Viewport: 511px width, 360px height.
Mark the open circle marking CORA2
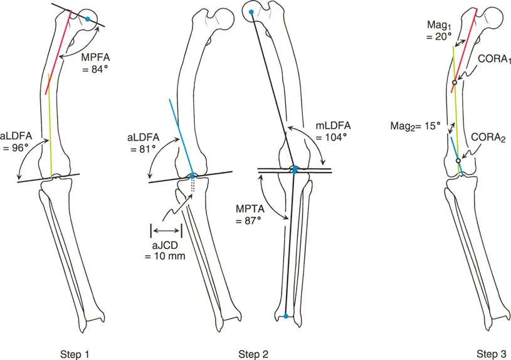[458, 161]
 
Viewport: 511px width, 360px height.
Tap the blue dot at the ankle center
[286, 317]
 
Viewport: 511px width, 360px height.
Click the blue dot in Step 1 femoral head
[88, 20]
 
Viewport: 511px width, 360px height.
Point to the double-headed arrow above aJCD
[166, 230]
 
